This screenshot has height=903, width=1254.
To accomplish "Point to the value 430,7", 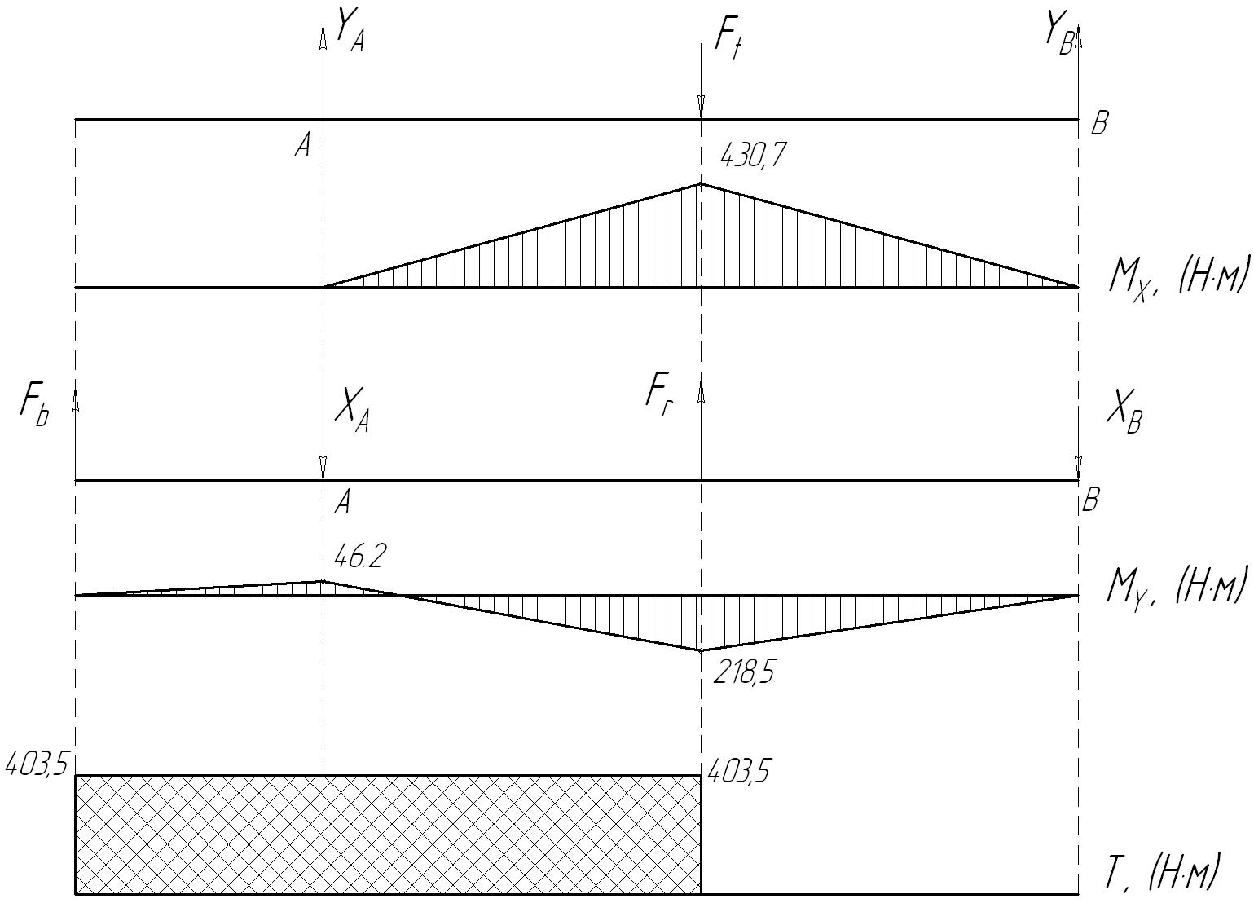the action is pyautogui.click(x=752, y=155).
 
